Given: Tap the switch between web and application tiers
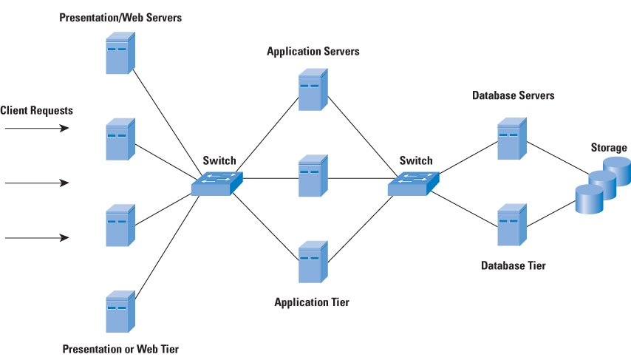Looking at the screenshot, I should pyautogui.click(x=216, y=183).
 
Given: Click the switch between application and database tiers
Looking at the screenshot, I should pyautogui.click(x=413, y=183).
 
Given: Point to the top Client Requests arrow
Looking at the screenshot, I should pyautogui.click(x=37, y=128).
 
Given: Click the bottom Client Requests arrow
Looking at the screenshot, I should pyautogui.click(x=37, y=238).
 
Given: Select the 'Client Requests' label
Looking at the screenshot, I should pyautogui.click(x=37, y=110).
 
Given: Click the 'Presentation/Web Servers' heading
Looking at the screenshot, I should pyautogui.click(x=120, y=16).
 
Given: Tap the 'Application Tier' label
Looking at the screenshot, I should pyautogui.click(x=312, y=302).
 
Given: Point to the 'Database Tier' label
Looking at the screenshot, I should pyautogui.click(x=514, y=265).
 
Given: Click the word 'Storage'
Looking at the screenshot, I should pyautogui.click(x=608, y=148).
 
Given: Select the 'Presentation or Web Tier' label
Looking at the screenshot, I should pyautogui.click(x=120, y=348).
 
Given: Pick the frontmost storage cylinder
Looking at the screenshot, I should pyautogui.click(x=590, y=200).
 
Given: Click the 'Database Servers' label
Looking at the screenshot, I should pyautogui.click(x=513, y=96).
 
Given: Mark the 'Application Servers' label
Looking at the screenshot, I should pyautogui.click(x=313, y=52).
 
